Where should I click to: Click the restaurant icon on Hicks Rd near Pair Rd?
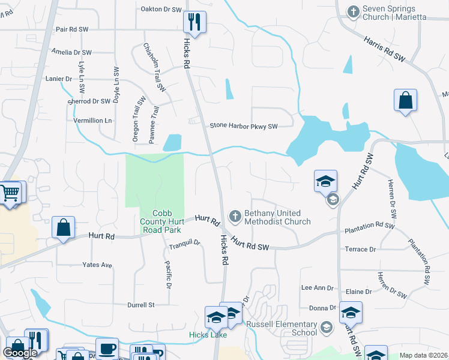(x=194, y=23)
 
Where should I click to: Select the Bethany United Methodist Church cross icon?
(x=235, y=215)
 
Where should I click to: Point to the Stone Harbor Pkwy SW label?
(x=244, y=126)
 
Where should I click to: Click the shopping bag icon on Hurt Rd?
(x=63, y=228)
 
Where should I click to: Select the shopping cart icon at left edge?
(x=9, y=194)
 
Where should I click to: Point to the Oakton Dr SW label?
(x=161, y=10)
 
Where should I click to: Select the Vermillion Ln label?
(x=92, y=121)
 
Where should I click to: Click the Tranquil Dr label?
(x=184, y=242)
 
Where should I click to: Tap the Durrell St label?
(x=141, y=305)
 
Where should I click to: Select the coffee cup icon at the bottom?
(x=107, y=348)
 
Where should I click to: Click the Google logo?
(x=20, y=353)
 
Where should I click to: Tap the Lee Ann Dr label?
(x=317, y=288)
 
